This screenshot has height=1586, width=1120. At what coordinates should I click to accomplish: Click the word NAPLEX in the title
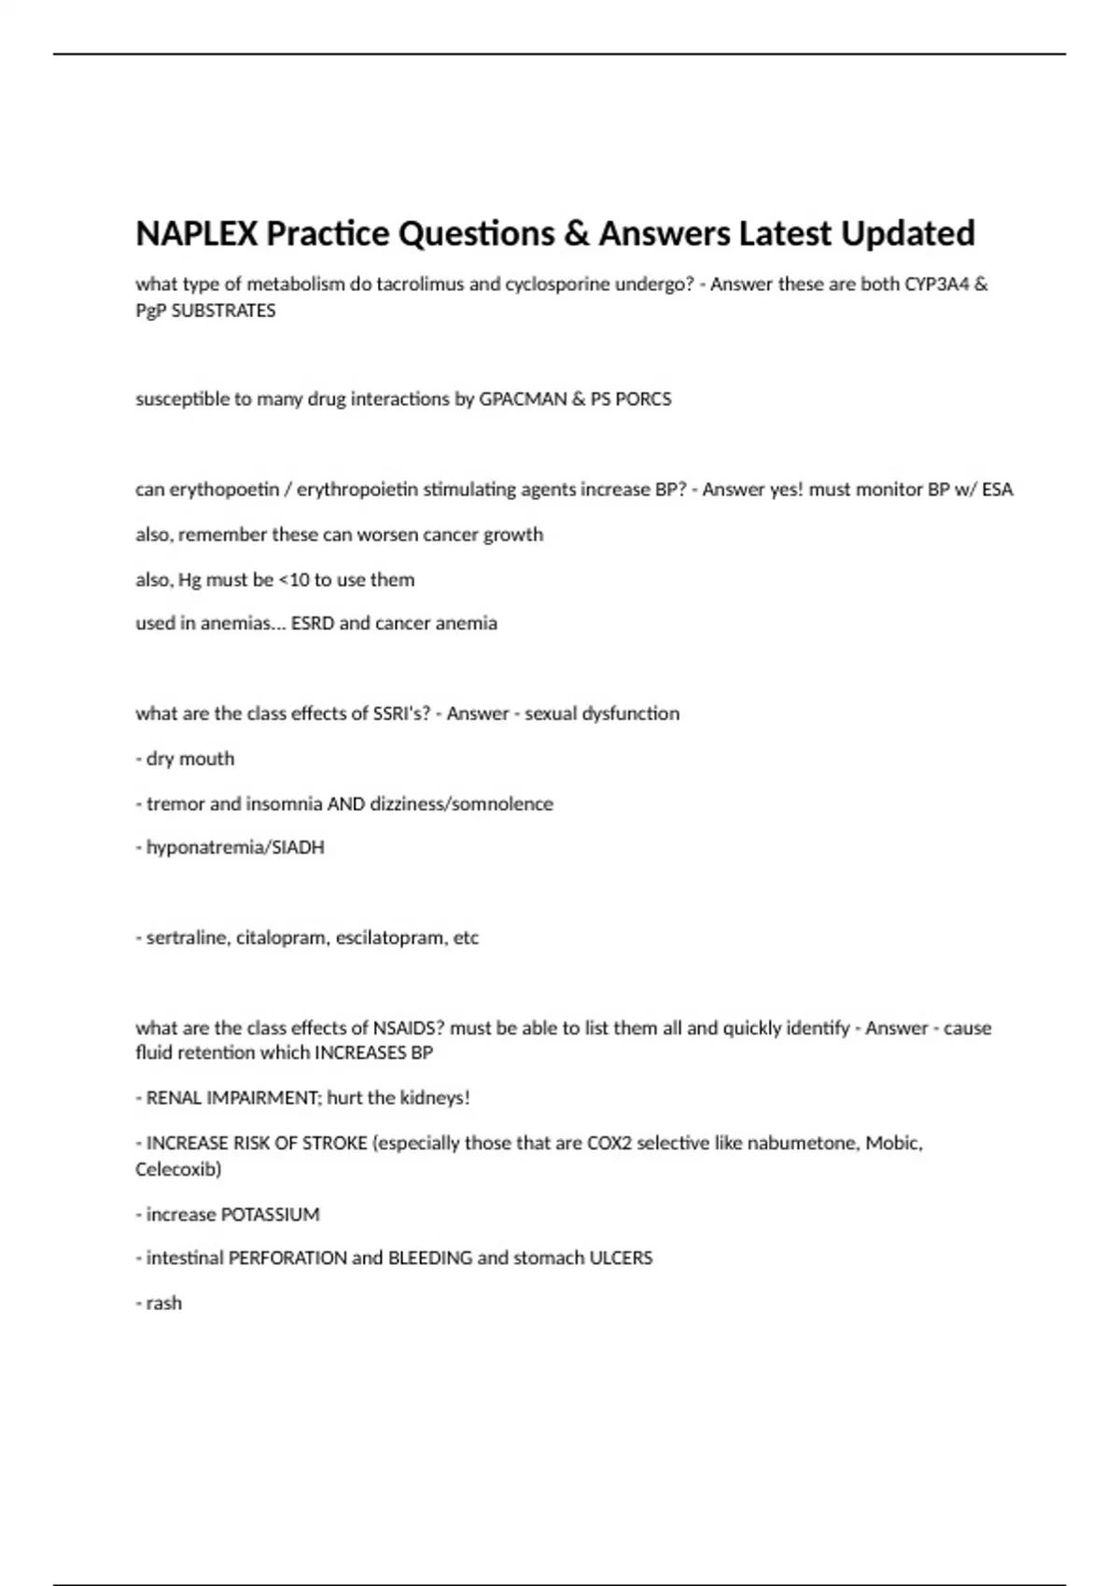(197, 233)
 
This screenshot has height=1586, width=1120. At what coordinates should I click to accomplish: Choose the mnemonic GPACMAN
(523, 399)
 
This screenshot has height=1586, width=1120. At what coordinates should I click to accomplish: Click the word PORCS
(643, 399)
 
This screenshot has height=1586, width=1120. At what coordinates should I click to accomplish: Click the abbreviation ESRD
(313, 623)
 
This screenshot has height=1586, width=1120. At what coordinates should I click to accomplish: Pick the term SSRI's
(401, 714)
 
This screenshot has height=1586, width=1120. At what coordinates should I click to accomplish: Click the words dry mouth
(190, 758)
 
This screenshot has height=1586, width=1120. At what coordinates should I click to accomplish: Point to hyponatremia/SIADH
(235, 848)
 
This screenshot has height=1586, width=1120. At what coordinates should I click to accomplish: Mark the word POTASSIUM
(271, 1215)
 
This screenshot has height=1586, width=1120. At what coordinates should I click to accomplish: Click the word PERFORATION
(287, 1259)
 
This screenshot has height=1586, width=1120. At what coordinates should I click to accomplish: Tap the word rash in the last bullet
(164, 1303)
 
